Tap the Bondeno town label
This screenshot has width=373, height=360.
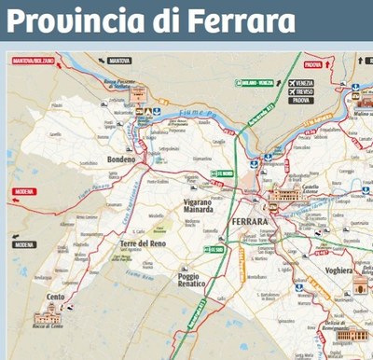pyautogui.click(x=121, y=160)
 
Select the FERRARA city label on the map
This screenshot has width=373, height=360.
pyautogui.click(x=249, y=222)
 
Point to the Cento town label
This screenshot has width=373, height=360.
pyautogui.click(x=55, y=297)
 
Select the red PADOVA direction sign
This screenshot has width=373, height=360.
pyautogui.click(x=314, y=65)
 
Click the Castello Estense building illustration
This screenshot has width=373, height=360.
pyautogui.click(x=283, y=196)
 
